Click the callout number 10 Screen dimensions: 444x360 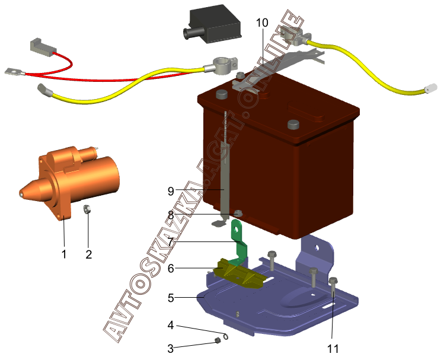coord(262,23)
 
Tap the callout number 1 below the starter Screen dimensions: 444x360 coord(64,254)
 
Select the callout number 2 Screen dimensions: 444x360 coord(89,254)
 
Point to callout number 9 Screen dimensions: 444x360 coord(171,191)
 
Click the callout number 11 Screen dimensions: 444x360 coord(333,349)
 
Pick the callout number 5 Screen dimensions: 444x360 coord(171,298)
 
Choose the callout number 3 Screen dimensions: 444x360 coord(171,349)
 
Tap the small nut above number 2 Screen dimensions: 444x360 coord(87,209)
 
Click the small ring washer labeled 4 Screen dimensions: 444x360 coord(226,336)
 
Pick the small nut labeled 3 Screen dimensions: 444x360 coord(218,340)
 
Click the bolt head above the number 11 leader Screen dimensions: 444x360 coord(333,281)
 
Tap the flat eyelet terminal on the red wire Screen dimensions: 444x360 coord(12,72)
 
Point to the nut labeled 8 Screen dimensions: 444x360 coord(238,213)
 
